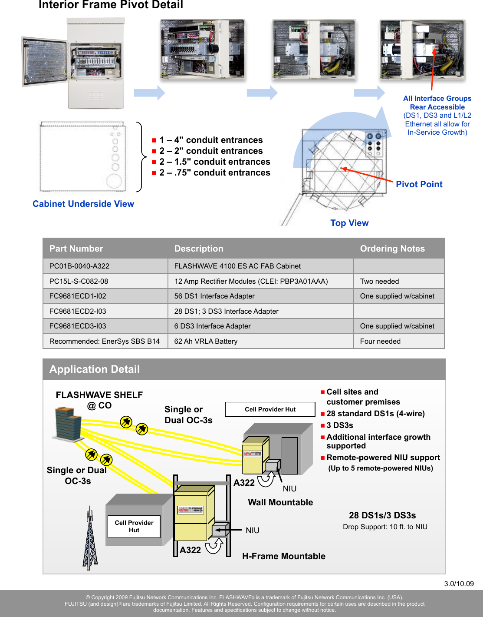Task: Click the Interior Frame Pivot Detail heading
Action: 111,5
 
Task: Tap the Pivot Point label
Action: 419,184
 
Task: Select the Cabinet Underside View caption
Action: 83,204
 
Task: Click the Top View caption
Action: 349,223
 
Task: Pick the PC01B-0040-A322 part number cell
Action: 79,266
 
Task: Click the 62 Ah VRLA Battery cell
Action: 206,341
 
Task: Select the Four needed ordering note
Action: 380,341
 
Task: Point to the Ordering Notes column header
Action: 392,249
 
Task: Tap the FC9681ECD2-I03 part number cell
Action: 78,311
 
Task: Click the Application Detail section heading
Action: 95,369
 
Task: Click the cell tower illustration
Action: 90,539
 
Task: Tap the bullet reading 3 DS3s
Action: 340,425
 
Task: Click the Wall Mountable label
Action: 280,502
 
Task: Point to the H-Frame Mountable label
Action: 283,556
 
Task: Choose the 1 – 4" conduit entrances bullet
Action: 211,140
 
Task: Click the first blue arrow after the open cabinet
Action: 149,93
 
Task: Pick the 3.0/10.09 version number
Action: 459,584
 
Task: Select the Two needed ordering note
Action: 379,281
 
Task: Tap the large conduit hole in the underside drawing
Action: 115,181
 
